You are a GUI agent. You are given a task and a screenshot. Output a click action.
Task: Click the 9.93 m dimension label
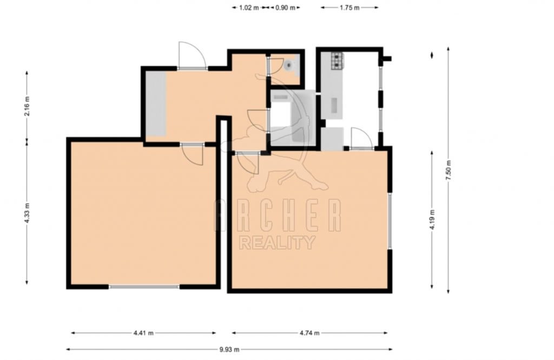[x=229, y=349]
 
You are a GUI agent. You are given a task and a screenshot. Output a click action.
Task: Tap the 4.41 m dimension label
[x=143, y=333]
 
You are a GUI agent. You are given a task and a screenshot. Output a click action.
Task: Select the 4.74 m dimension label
[x=309, y=333]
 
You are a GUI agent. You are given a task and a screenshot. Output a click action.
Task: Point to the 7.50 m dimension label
[x=449, y=170]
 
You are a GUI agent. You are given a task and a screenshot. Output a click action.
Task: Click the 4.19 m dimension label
[x=432, y=219]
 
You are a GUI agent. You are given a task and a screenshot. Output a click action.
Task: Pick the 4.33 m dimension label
[x=27, y=212]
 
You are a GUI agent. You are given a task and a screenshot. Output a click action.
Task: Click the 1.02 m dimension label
[x=249, y=8]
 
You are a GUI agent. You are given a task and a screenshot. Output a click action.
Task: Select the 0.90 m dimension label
[x=285, y=8]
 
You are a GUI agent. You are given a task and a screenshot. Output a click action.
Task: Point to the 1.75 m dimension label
[x=349, y=8]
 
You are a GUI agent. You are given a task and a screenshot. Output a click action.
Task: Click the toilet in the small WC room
[x=291, y=65]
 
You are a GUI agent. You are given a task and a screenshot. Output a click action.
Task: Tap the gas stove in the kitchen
[x=337, y=61]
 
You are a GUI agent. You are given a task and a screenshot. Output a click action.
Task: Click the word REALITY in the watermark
[x=277, y=243]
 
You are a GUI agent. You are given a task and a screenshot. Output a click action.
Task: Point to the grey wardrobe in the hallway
[x=156, y=103]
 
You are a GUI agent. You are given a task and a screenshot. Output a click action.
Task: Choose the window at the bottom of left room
[x=144, y=287]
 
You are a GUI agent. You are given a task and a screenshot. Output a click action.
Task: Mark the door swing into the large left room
[x=193, y=154]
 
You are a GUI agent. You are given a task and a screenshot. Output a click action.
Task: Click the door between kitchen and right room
[x=361, y=139]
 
